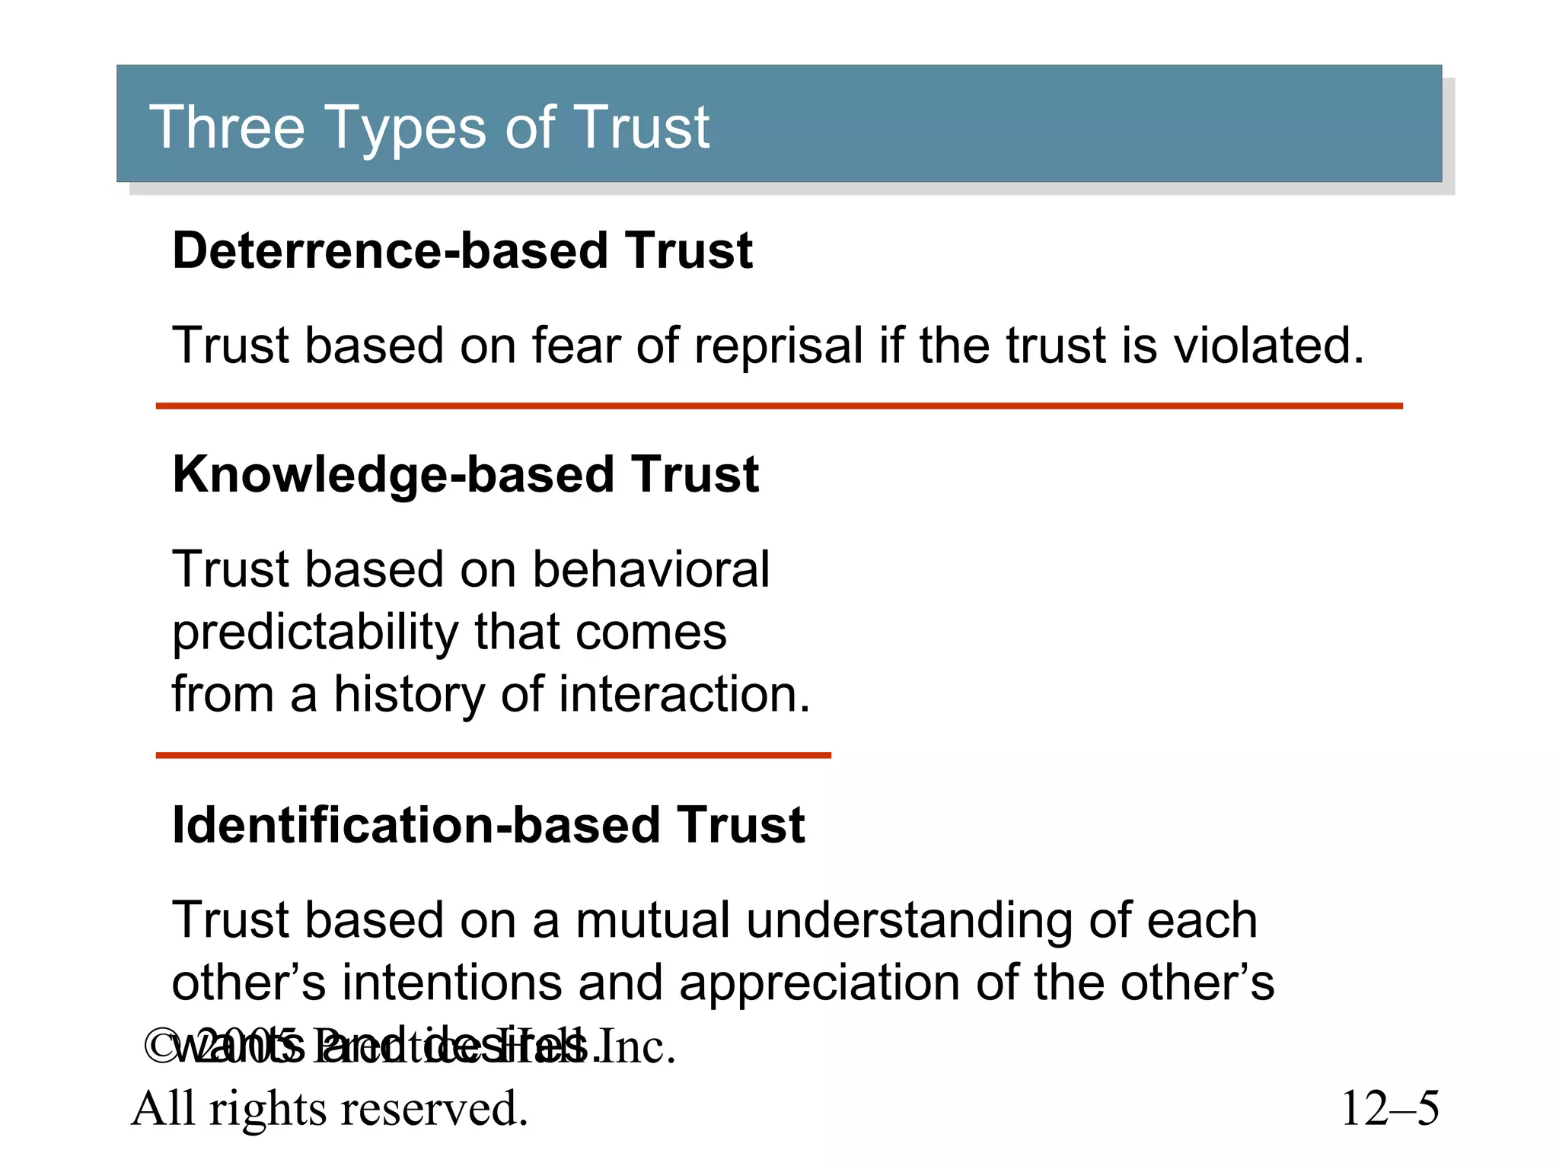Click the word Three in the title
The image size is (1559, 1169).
coord(227,127)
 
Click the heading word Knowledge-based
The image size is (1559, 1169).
coord(393,474)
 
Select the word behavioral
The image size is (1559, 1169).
coord(651,569)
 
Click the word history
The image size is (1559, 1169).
coord(410,695)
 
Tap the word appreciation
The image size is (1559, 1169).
coord(820,983)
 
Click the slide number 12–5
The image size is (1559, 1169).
coord(1390,1108)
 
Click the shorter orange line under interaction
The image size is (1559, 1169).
coord(493,755)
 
